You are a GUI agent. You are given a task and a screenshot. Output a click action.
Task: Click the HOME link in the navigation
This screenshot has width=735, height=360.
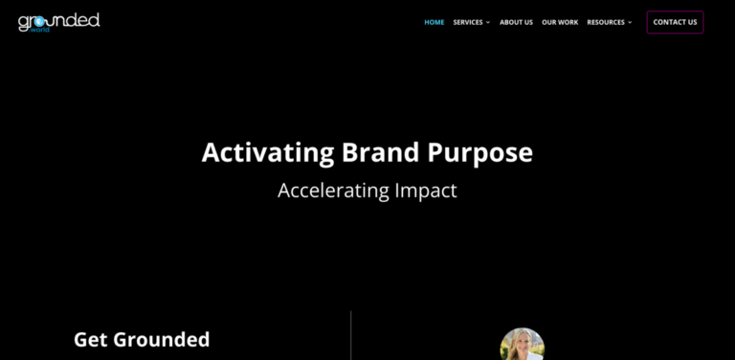coord(434,22)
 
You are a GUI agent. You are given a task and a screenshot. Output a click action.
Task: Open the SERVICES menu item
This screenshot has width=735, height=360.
coord(467,22)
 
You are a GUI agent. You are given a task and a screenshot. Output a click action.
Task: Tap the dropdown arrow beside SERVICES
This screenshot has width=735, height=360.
coord(488,22)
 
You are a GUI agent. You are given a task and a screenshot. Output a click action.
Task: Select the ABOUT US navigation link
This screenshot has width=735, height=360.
coord(516,22)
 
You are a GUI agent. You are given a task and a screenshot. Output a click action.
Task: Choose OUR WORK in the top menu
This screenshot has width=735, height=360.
coord(560,22)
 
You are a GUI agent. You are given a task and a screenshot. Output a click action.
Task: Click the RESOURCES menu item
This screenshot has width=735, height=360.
coord(606,22)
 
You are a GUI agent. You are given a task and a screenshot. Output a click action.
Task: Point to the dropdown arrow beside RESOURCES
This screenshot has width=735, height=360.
coord(630,22)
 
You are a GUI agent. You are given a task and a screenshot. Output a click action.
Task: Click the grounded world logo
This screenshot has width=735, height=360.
coord(58,21)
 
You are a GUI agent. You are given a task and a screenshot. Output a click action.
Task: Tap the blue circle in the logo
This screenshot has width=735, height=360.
coord(39,22)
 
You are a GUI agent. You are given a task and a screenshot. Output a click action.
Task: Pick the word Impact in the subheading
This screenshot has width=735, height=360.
coord(426,191)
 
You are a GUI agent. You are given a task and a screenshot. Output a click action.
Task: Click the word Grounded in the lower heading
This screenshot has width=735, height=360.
coord(162,339)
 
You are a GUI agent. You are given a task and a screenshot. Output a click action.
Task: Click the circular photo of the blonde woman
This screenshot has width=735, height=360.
coord(523,346)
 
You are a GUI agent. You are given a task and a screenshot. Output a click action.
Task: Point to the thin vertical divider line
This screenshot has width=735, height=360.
coord(351,335)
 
